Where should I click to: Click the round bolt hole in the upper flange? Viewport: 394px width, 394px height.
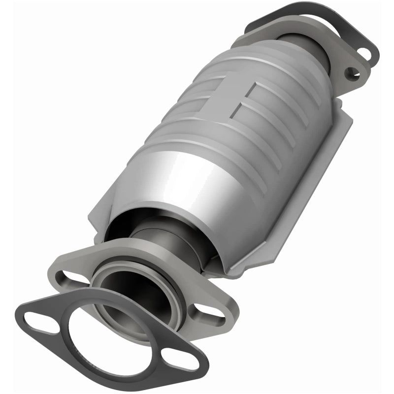point(351,74)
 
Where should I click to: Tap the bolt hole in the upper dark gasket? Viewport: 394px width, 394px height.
point(365,52)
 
